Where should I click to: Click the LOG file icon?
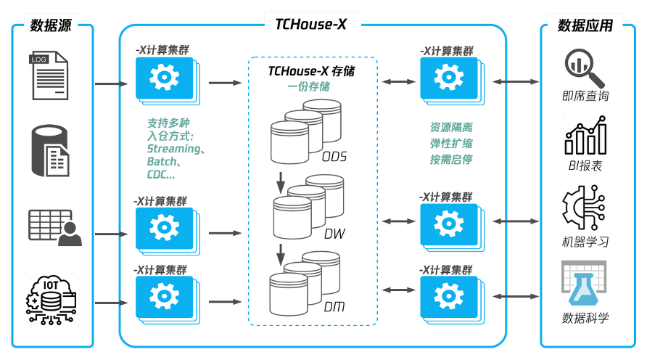49,75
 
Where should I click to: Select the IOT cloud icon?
51,299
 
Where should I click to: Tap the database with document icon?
50,151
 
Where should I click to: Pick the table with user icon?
55,228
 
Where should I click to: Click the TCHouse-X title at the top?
310,25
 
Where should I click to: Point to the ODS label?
334,157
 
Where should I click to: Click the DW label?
334,234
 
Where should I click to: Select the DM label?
334,307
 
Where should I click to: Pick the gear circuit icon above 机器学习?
583,208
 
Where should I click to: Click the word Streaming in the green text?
173,149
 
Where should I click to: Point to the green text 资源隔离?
451,127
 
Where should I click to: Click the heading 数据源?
51,25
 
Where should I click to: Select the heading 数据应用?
585,25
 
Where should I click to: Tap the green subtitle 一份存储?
309,86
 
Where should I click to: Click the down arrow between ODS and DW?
281,183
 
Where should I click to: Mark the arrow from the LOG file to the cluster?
112,83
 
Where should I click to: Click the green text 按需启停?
451,160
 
